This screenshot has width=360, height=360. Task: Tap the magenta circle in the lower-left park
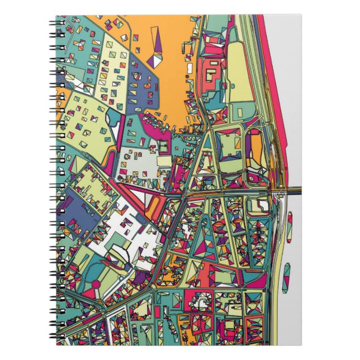[x=96, y=285]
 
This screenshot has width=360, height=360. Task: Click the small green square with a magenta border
[x=163, y=146]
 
